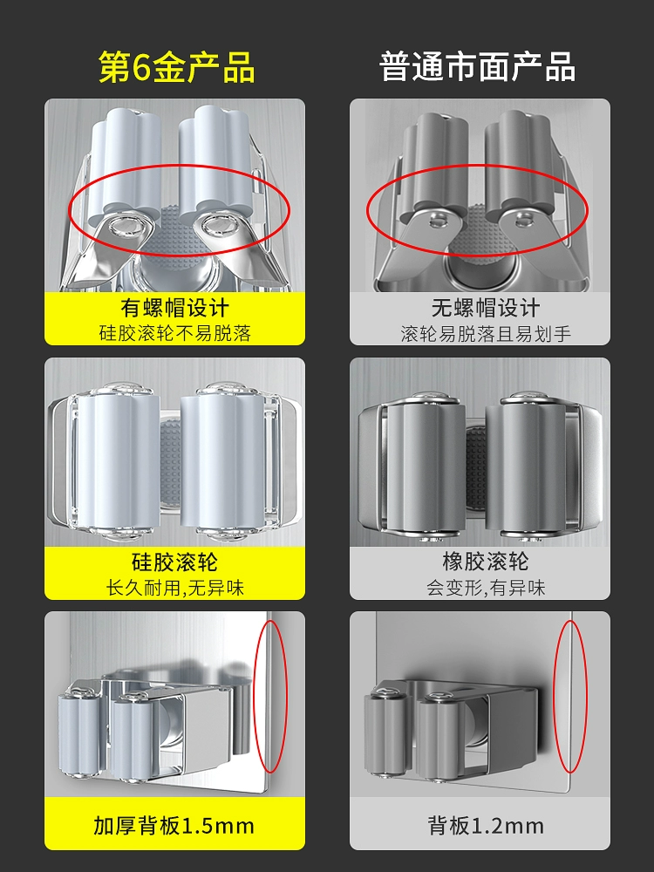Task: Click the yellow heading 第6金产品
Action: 176,67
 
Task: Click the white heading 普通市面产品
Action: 477,67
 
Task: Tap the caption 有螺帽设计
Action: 174,308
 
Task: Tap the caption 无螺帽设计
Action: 486,308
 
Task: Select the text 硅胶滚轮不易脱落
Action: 174,333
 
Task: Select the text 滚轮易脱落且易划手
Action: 486,334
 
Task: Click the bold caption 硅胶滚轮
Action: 174,562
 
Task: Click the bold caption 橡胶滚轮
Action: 486,562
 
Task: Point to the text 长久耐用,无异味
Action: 174,588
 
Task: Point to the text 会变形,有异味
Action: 486,588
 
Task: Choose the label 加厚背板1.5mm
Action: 174,826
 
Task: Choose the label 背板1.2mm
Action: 486,826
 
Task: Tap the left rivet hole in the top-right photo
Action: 437,221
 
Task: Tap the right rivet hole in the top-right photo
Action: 522,221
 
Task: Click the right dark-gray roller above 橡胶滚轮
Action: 526,468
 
